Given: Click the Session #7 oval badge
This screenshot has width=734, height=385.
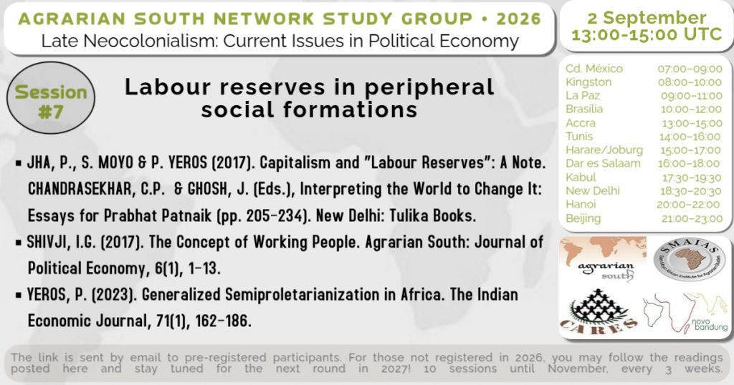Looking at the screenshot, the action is (51, 97).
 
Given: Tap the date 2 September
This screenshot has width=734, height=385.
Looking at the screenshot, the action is (647, 18).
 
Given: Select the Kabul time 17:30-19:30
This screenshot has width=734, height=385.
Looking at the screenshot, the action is (692, 178).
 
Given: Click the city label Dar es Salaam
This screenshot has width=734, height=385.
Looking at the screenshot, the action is (603, 164).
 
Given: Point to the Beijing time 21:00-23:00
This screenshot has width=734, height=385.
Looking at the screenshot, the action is (692, 219).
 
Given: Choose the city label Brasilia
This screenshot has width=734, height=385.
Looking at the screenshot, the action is (584, 109).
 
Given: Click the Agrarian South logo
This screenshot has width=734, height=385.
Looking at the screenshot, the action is (603, 260).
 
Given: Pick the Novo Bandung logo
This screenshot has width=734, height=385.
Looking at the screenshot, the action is (685, 313).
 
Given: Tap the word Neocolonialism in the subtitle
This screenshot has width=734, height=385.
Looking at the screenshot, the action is (141, 41).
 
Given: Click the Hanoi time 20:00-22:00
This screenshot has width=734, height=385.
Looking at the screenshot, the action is (688, 205).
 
